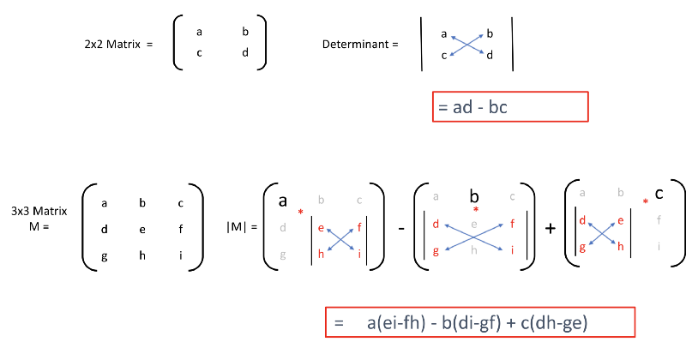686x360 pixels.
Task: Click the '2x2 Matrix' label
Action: coord(112,45)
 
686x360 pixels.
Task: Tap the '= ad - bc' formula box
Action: coord(510,107)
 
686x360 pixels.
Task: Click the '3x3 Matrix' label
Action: coord(39,211)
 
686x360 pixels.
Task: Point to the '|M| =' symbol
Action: coord(242,227)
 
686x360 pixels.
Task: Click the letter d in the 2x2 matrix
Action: coord(245,52)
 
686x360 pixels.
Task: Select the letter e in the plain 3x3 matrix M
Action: coord(142,230)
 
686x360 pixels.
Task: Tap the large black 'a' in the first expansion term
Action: coord(283,201)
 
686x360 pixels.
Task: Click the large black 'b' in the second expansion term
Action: coord(474,196)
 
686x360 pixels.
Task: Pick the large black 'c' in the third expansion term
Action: coord(659,194)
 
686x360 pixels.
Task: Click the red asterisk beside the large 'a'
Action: coord(301,213)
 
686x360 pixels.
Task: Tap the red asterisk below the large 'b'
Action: coord(476,209)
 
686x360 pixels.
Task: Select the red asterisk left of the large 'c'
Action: coord(646,201)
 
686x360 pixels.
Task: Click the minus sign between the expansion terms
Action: coord(401,228)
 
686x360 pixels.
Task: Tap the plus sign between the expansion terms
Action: coord(551,228)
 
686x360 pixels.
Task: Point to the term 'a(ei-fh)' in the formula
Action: coord(396,323)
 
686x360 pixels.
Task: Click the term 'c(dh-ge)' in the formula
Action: coord(554,323)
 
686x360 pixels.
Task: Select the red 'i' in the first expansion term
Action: coord(359,253)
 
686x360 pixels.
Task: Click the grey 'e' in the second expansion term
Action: coord(474,225)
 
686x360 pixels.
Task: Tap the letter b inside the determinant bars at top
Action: coord(490,33)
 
